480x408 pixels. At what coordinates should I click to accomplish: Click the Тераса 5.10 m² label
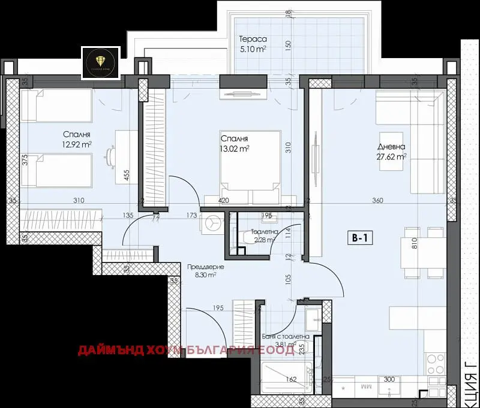[x=252, y=44]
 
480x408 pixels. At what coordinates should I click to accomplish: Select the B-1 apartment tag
[x=360, y=238]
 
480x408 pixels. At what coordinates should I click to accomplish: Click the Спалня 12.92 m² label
[x=75, y=140]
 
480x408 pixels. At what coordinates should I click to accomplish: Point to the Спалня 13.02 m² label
[x=235, y=143]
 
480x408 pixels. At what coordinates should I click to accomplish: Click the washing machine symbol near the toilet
[x=212, y=224]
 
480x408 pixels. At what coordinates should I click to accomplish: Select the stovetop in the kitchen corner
[x=434, y=362]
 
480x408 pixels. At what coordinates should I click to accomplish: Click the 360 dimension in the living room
[x=377, y=201]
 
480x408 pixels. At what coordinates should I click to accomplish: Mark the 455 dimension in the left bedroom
[x=127, y=175]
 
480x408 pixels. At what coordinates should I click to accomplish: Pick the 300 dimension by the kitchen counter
[x=389, y=380]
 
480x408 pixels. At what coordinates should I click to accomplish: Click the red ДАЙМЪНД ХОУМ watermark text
[x=186, y=350]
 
